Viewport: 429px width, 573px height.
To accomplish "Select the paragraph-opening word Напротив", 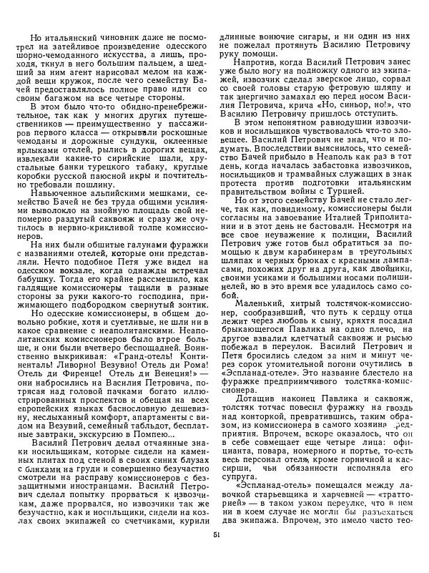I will [x=254, y=62].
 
